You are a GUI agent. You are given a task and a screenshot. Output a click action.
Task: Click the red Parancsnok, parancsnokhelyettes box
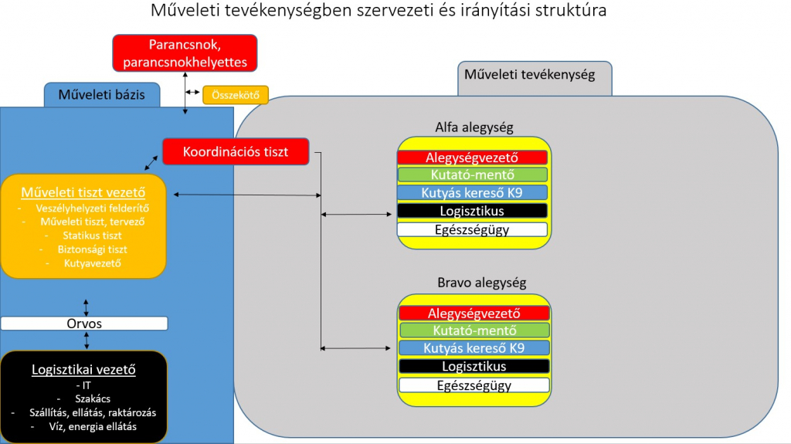pos(185,53)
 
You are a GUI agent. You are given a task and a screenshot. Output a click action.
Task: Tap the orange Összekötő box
pos(236,95)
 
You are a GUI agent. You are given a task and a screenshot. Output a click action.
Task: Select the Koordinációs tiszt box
pos(236,151)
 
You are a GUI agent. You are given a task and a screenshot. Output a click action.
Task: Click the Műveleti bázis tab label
pos(102,95)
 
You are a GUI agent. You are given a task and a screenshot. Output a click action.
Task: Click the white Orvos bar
pos(84,324)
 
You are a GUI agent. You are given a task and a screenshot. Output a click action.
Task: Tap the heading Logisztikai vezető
pos(83,369)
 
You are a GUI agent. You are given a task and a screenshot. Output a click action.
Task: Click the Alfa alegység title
pos(474,127)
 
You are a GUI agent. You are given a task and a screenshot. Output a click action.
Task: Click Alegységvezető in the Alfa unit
pos(472,158)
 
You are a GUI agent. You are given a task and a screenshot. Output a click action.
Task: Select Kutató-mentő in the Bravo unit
pos(474,330)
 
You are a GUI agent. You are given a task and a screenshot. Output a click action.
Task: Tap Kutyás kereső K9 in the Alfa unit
pos(472,192)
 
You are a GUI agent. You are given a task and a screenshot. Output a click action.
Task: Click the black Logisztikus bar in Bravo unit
pos(474,366)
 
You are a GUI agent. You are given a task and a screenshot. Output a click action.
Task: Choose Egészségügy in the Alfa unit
pos(472,229)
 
